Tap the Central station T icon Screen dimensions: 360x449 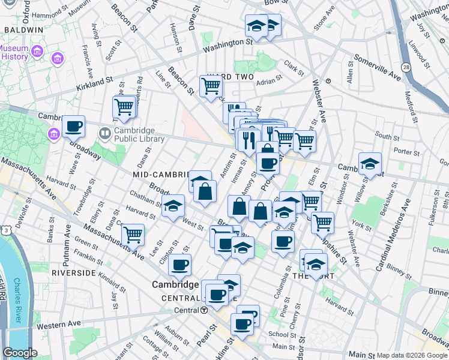204,310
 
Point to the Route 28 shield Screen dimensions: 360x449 406,67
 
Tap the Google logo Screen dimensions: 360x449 20,353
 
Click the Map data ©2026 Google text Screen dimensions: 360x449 411,355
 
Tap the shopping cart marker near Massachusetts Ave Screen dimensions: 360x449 133,234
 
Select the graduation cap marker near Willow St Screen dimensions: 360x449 370,164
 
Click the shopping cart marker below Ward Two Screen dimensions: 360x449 211,86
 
